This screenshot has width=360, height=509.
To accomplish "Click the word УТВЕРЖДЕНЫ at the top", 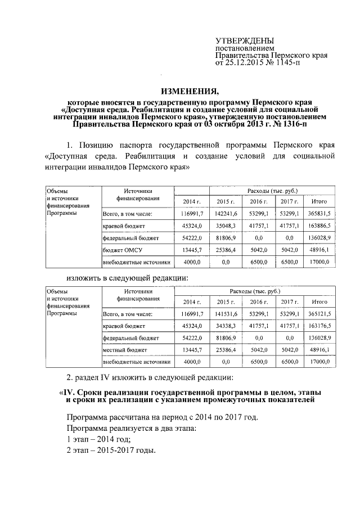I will (245, 41).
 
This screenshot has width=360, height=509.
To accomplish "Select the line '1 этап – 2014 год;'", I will (98, 439).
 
